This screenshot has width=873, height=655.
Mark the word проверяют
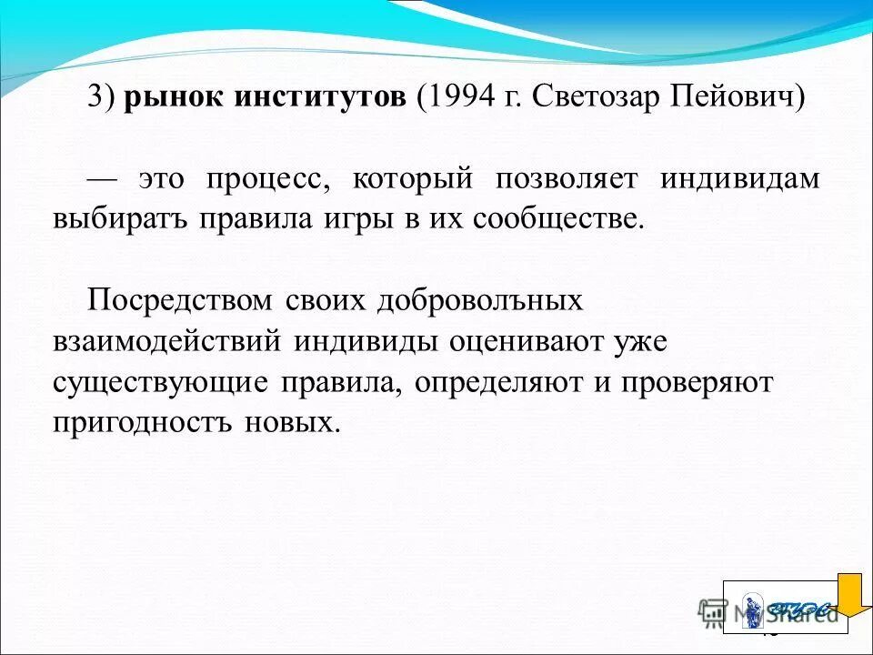(x=697, y=383)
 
